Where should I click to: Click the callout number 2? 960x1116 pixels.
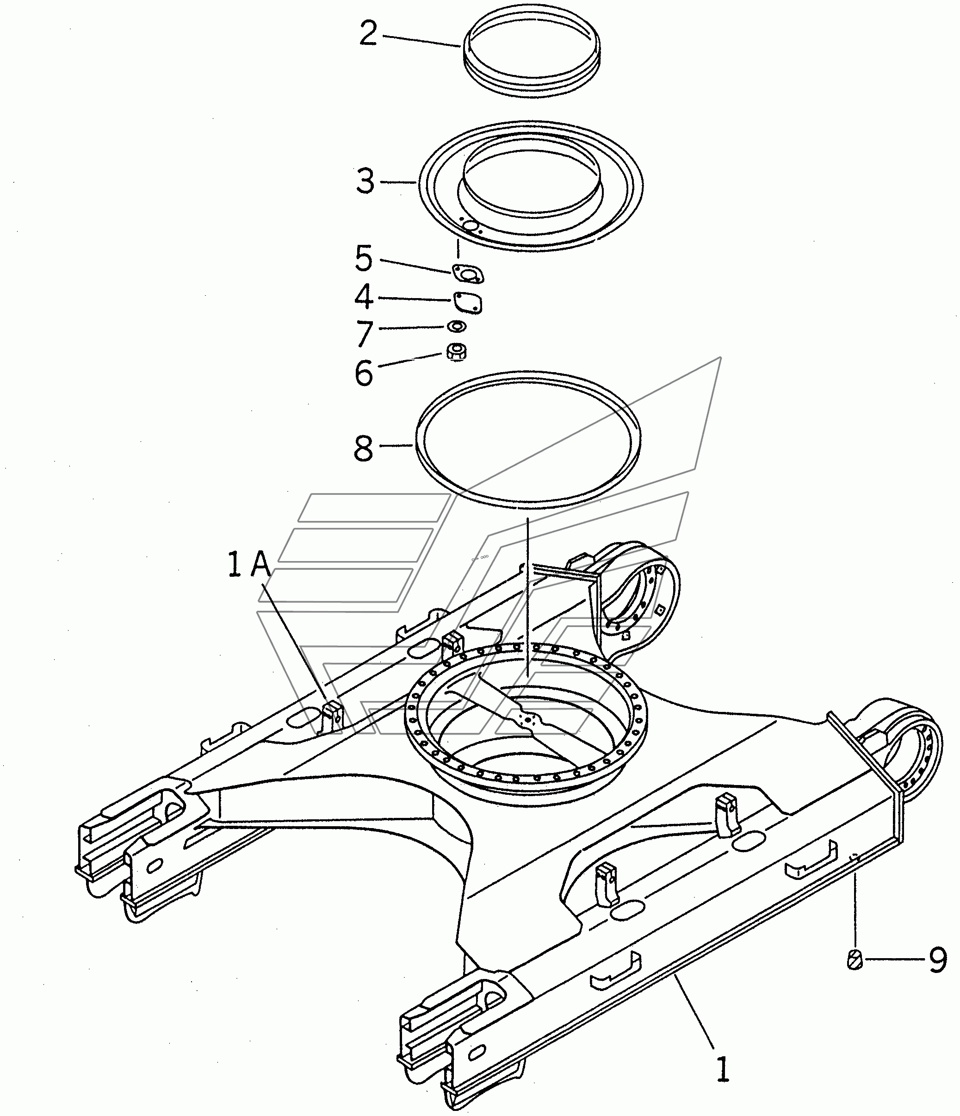pos(368,34)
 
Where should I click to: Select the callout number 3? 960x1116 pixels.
pos(365,181)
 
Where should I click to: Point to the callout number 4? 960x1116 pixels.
pos(364,297)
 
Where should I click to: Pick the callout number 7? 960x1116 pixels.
pos(365,333)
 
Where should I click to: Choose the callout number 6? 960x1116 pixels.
pos(364,373)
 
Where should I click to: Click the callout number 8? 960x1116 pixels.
pos(364,449)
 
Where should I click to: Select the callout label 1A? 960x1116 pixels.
pos(249,565)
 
